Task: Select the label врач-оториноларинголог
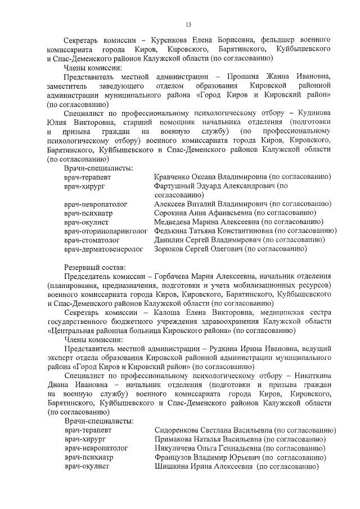pyautogui.click(x=106, y=231)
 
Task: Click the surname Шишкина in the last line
pyautogui.click(x=172, y=467)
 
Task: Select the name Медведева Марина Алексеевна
pyautogui.click(x=204, y=222)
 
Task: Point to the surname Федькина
pyautogui.click(x=172, y=231)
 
